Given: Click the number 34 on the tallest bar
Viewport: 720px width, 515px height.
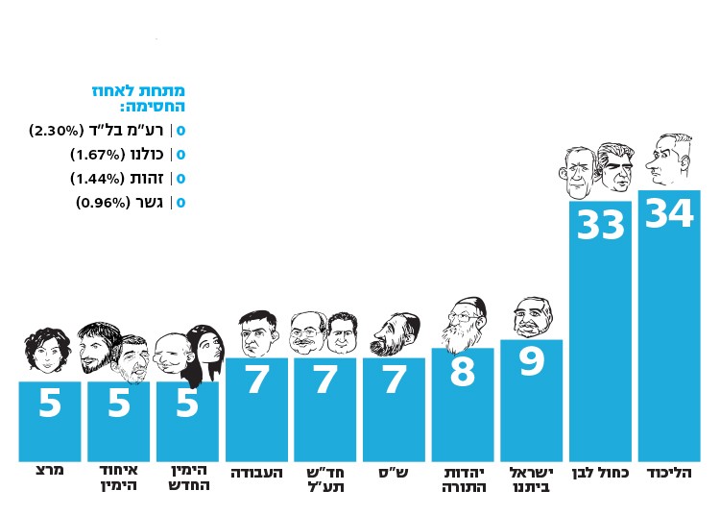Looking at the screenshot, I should tap(669, 213).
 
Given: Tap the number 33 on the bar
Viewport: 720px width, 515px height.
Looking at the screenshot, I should tap(601, 226).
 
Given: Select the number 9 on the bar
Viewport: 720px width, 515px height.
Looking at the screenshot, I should tap(531, 362).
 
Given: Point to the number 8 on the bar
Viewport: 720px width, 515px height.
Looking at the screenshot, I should tap(462, 373).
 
